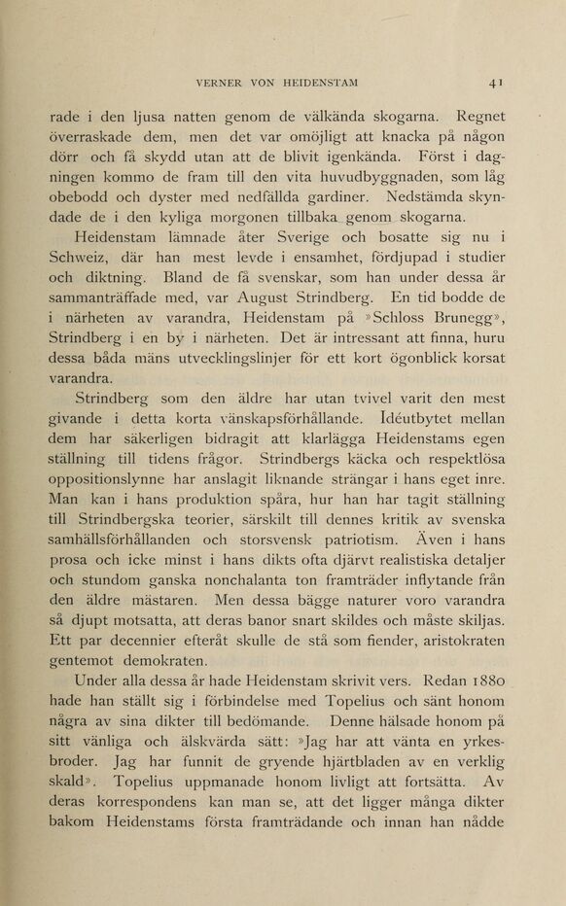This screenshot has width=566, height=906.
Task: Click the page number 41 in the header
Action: pos(496,82)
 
